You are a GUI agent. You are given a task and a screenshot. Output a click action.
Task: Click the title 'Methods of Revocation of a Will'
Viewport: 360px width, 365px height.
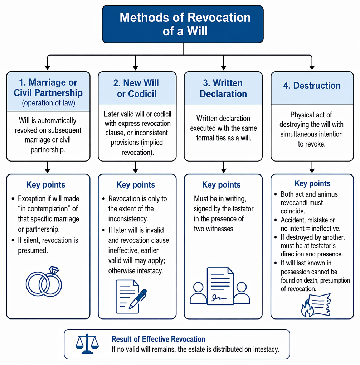point(185,24)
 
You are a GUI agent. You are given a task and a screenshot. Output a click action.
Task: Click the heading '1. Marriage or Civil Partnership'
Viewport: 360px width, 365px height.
point(48,87)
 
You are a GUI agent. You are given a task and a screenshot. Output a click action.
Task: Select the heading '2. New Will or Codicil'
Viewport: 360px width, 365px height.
point(136,88)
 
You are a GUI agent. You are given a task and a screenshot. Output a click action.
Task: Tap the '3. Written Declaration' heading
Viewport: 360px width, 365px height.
point(223,88)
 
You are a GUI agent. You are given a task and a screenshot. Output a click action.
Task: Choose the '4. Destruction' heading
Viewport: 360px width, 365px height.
point(312,86)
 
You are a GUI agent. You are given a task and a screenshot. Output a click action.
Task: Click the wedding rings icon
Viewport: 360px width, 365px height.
point(44,282)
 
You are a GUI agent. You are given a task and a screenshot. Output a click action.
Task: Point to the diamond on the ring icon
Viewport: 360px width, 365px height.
point(54,270)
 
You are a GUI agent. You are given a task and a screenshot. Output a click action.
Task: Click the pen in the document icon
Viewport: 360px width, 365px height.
point(138,299)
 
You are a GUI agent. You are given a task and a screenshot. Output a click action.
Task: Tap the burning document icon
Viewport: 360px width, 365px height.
point(316,305)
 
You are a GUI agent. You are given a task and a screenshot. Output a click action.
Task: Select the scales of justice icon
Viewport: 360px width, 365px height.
point(87,344)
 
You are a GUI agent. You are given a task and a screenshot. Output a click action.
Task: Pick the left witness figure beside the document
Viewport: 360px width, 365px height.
point(198,293)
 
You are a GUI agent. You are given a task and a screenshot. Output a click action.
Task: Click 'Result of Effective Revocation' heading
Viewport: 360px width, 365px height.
point(159,339)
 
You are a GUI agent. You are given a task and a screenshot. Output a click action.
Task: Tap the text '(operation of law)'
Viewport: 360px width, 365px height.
point(48,103)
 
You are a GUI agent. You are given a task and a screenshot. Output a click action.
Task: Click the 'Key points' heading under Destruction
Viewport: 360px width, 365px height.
point(312,183)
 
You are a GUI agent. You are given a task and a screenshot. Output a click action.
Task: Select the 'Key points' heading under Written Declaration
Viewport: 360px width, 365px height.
point(221,185)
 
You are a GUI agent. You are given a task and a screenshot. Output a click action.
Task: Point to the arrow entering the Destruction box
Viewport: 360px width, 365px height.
point(312,62)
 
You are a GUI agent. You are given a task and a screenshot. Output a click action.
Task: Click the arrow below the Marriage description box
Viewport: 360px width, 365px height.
point(48,167)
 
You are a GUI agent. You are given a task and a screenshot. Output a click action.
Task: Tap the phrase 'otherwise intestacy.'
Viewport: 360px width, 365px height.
point(135,271)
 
